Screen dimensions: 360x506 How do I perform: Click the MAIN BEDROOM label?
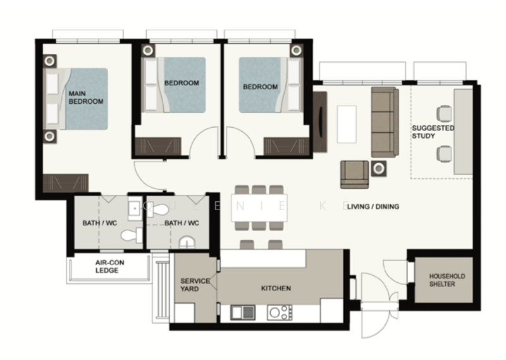(85, 97)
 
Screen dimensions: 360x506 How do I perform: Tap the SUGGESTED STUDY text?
(433, 131)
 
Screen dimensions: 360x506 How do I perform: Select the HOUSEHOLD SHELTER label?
(447, 280)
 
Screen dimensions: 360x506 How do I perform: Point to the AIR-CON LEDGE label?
(107, 266)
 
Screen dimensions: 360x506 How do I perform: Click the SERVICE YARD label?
(190, 285)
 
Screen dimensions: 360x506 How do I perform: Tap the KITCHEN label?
(276, 289)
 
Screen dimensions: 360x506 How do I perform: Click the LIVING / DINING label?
(373, 206)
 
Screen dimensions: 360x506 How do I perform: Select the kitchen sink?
(242, 312)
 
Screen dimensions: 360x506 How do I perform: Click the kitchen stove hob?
(280, 312)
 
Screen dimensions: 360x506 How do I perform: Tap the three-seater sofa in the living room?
(385, 122)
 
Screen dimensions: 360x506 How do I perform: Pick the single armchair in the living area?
(354, 174)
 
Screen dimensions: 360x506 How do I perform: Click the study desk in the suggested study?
(463, 131)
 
